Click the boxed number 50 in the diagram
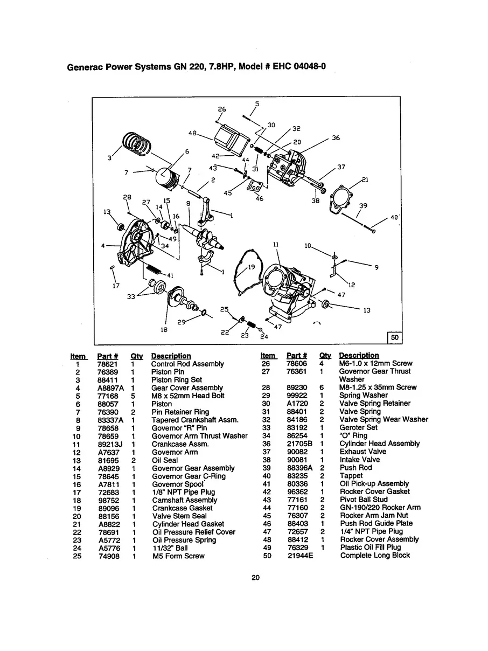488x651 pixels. (394, 337)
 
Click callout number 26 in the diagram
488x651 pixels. (221, 109)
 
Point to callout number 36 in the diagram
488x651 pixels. (336, 138)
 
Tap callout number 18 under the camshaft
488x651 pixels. (164, 329)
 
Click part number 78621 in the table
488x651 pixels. (107, 364)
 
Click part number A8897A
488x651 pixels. (110, 388)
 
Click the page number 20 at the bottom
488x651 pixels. (256, 578)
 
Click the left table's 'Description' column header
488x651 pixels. (171, 356)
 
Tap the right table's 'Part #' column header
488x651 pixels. (297, 356)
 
